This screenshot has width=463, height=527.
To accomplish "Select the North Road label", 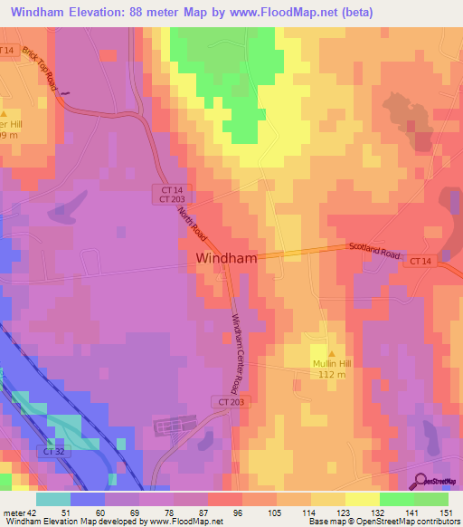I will [x=191, y=223].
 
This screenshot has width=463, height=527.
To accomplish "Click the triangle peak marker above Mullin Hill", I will [x=331, y=354].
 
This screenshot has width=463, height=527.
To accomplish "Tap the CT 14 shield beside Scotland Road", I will [x=420, y=261].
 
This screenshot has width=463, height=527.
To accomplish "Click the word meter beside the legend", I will [x=13, y=512].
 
